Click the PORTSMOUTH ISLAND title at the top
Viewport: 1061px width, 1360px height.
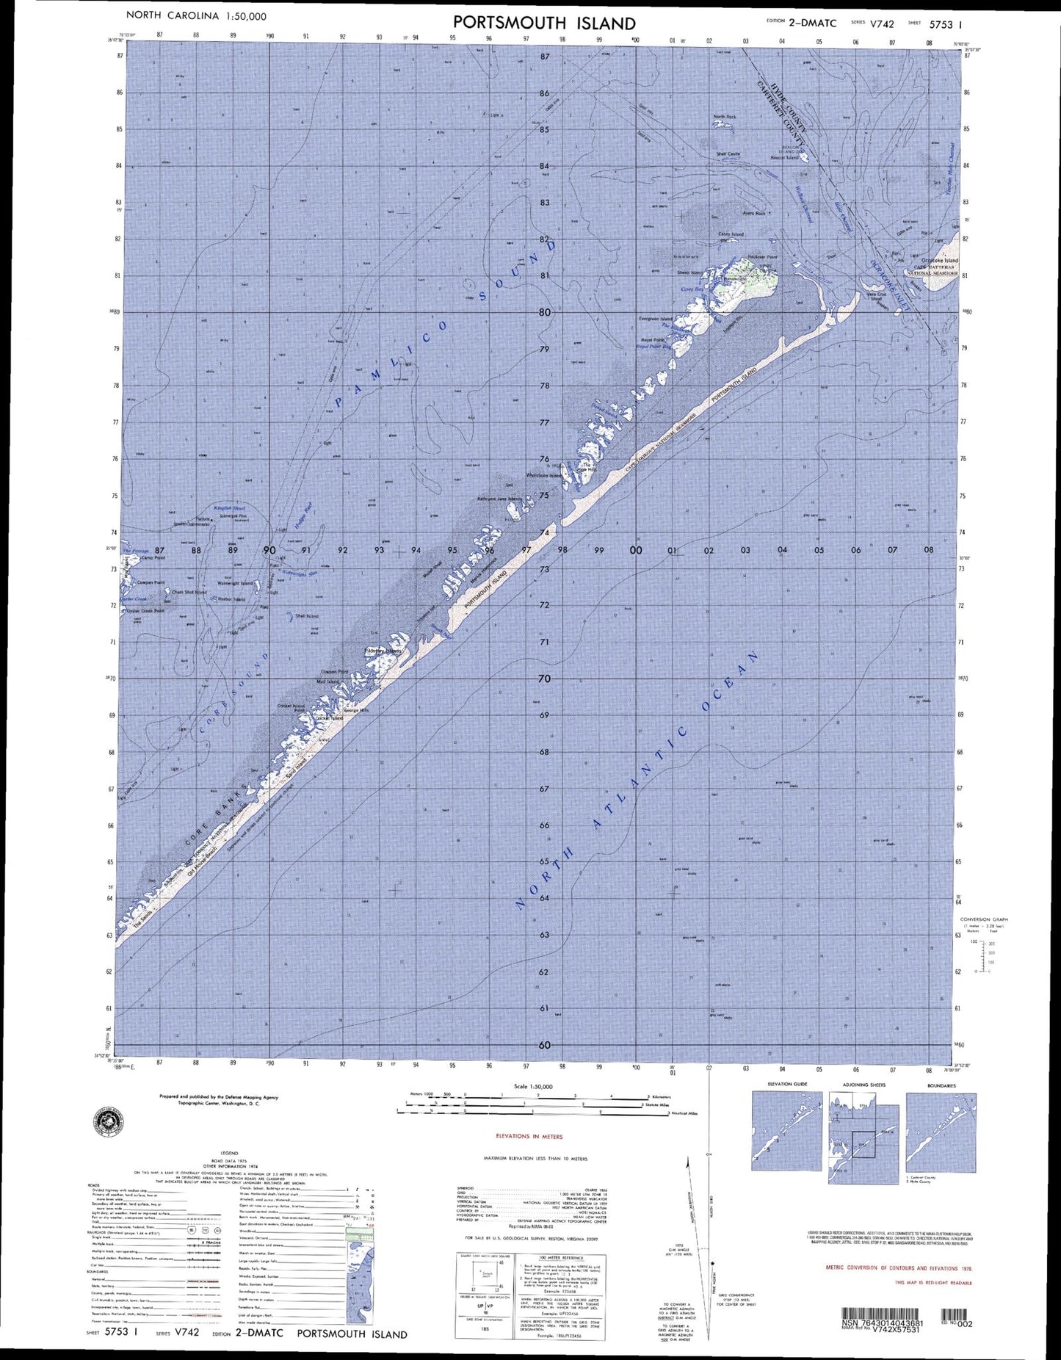point(544,23)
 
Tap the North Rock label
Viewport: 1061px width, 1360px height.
point(724,117)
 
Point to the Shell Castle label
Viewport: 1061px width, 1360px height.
point(728,153)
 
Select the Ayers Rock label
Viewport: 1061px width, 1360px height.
point(753,214)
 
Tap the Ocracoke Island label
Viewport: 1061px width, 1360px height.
point(940,261)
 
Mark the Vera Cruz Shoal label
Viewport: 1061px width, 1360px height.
point(876,296)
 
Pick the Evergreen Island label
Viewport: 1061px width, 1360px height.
point(655,319)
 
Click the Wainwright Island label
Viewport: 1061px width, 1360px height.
point(235,584)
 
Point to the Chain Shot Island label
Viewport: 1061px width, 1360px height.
point(189,592)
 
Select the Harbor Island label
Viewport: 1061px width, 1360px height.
point(232,599)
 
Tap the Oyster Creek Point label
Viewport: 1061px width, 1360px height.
point(145,610)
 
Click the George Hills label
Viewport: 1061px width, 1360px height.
point(356,711)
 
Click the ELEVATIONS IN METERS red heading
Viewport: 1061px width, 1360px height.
point(529,1136)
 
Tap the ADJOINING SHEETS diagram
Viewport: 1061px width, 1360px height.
point(863,1131)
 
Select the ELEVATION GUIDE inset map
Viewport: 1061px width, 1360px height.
point(787,1131)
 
